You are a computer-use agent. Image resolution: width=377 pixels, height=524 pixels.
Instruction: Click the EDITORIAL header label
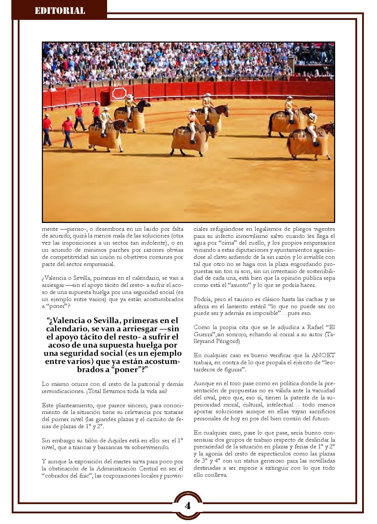point(60,11)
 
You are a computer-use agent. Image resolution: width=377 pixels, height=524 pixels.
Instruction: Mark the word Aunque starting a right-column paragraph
point(203,383)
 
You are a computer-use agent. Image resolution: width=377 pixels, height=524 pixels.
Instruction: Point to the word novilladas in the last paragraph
point(321,461)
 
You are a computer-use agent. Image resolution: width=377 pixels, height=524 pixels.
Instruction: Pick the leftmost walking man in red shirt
point(46,125)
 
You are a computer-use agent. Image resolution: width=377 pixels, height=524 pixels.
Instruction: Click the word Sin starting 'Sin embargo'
point(46,440)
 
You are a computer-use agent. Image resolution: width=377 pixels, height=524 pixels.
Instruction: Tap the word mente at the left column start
point(50,229)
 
